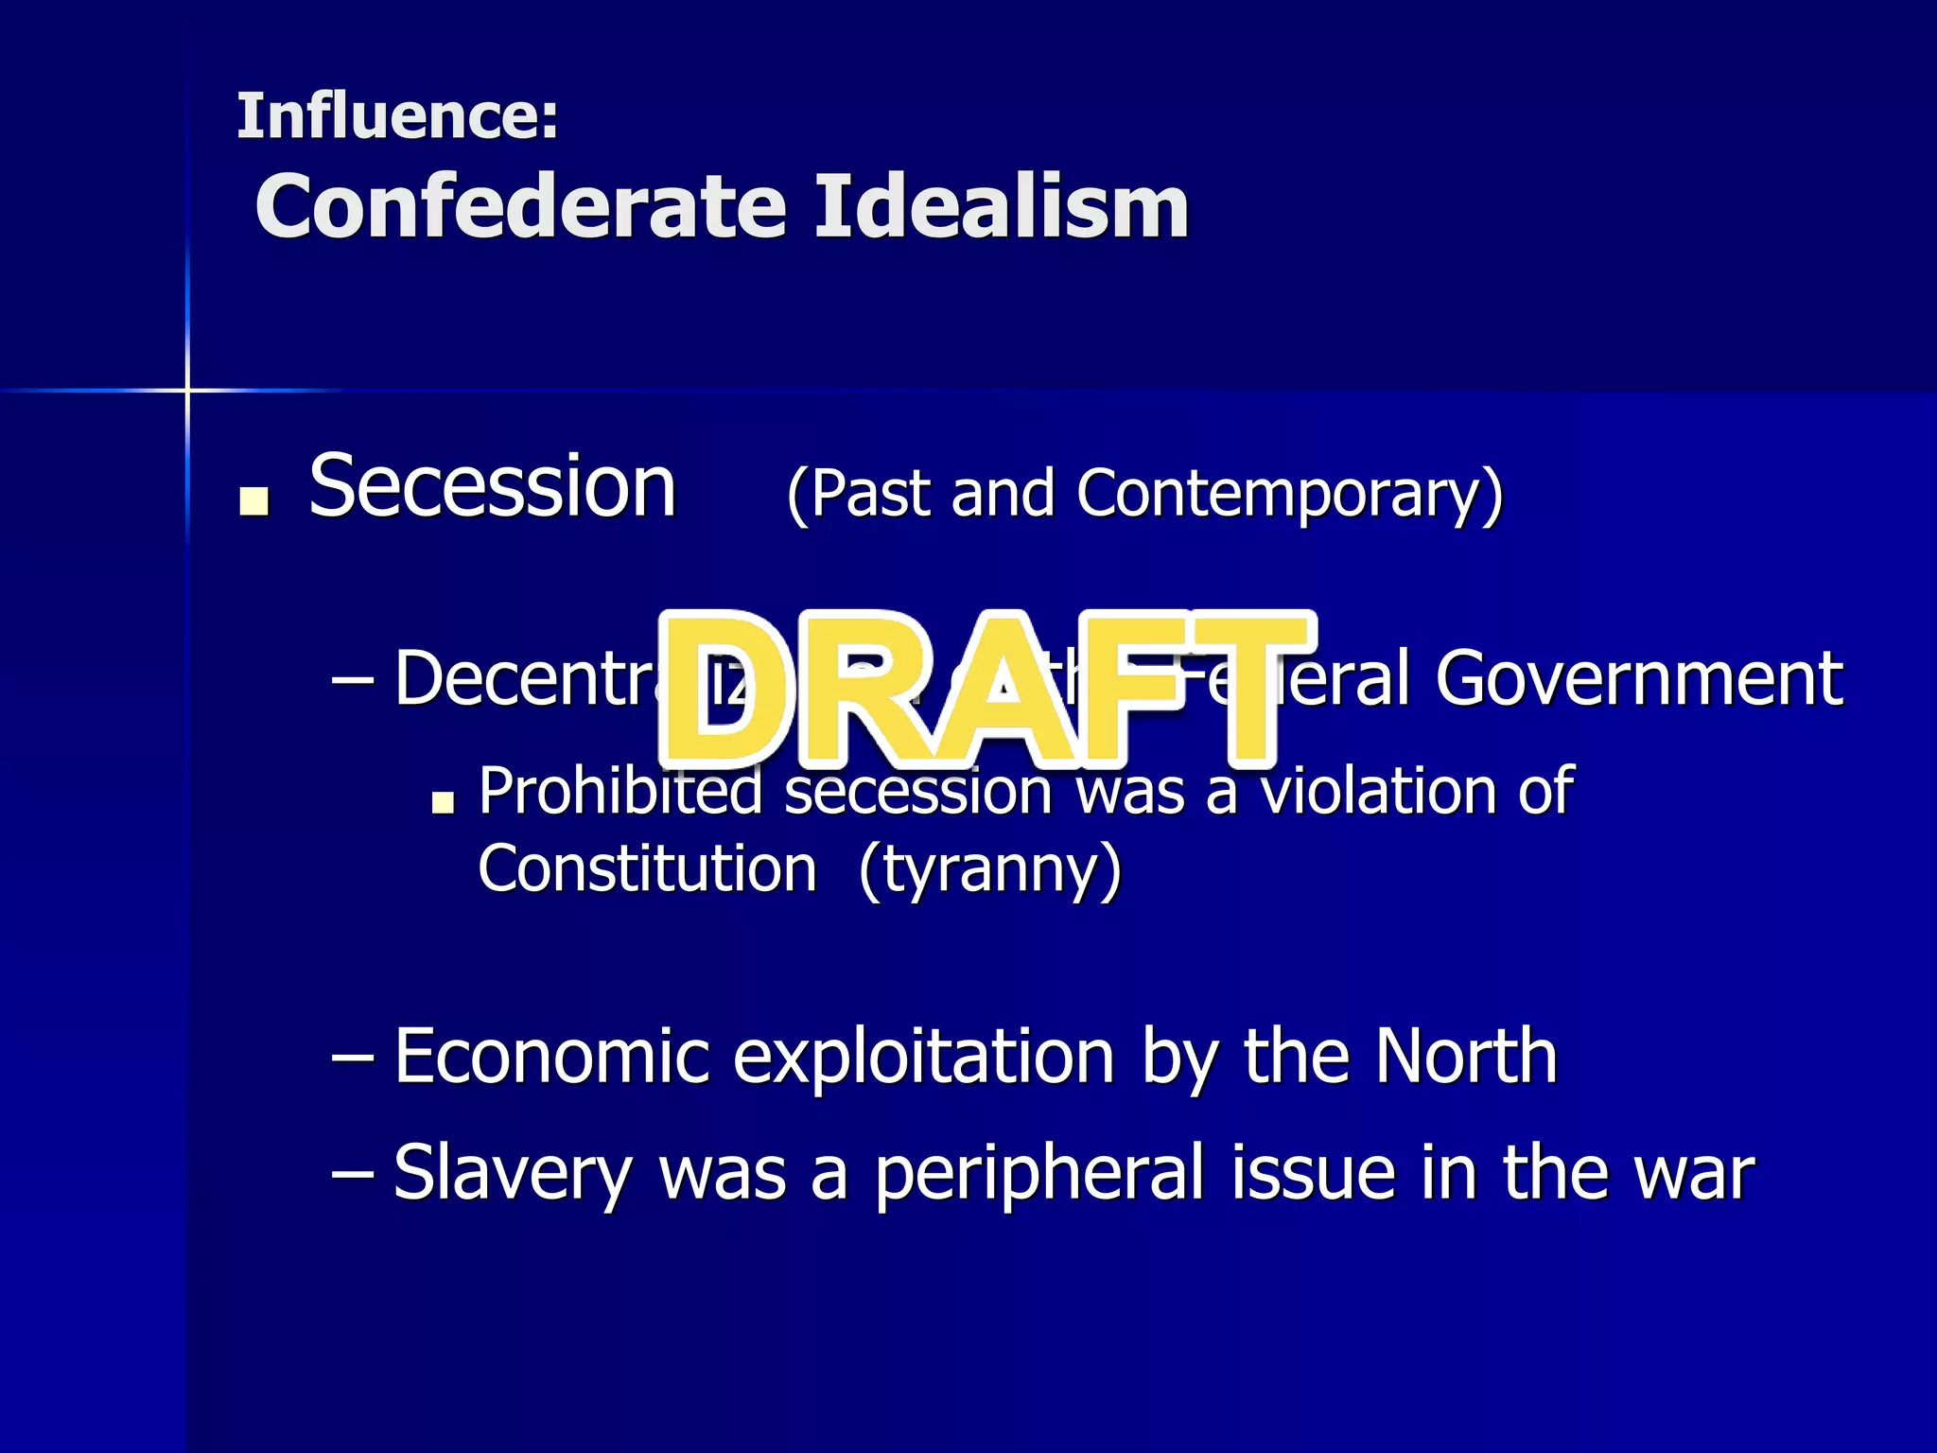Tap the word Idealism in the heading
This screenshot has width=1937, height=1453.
pos(1002,207)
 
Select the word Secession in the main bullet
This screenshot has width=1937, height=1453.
pos(493,486)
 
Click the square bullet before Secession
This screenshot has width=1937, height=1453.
pos(253,500)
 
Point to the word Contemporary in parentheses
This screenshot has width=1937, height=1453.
pos(1288,495)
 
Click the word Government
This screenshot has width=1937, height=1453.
pos(1639,678)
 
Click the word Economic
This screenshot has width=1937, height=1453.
pos(551,1056)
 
